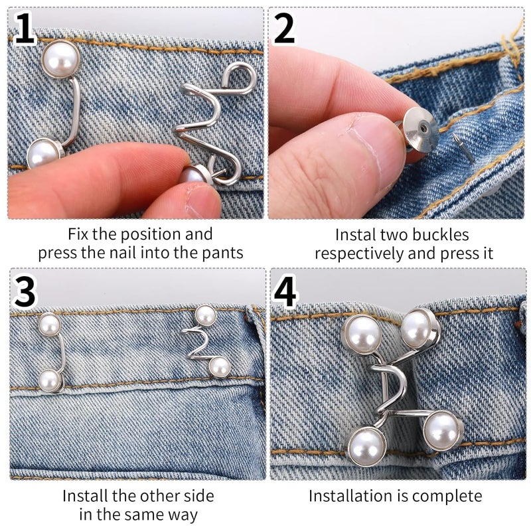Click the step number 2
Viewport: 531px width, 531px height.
coord(284,30)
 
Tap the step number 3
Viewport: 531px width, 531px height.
coord(25,293)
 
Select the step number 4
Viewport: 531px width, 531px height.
coord(285,293)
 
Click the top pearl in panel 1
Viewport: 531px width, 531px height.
coord(60,59)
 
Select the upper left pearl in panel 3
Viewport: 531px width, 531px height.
coord(49,325)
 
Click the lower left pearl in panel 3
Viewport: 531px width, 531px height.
coord(48,380)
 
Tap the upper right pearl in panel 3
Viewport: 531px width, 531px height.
coord(206,315)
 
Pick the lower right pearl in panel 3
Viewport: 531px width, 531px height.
coord(218,366)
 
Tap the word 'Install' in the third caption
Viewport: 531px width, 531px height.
coord(84,496)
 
